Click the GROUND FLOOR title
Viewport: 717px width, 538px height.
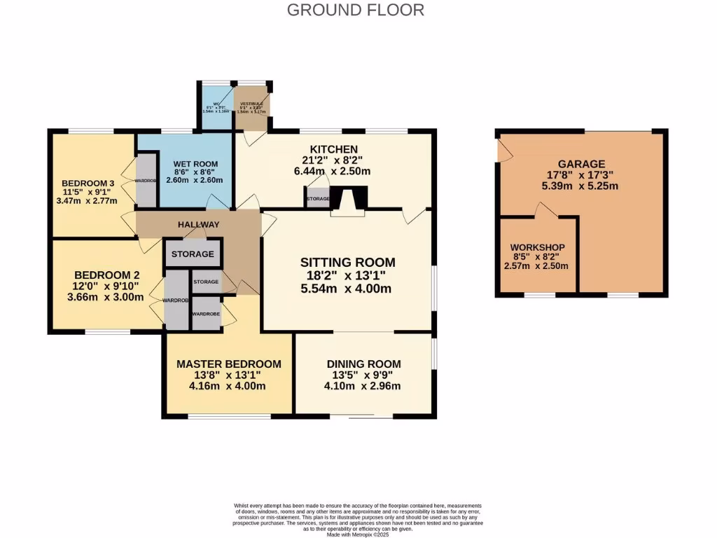coord(356,10)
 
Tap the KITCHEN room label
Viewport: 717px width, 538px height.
coord(334,149)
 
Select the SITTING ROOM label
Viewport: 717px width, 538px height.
coord(347,263)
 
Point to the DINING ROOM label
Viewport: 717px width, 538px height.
coord(363,364)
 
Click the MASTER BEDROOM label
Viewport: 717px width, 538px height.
coord(228,364)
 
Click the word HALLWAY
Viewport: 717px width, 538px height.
coord(198,224)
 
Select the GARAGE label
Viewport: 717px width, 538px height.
coord(581,164)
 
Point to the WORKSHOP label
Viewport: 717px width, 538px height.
coord(537,248)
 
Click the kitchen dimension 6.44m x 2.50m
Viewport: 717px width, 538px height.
coord(333,171)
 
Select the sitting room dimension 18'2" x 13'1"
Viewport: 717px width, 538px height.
coord(347,276)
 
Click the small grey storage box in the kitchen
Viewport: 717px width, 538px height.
coord(318,198)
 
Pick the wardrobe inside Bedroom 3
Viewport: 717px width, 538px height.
coord(146,180)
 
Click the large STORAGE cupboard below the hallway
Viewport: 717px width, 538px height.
coord(193,254)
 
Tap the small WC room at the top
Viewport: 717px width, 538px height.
coord(216,107)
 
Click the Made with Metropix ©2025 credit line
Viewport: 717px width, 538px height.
coord(358,534)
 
